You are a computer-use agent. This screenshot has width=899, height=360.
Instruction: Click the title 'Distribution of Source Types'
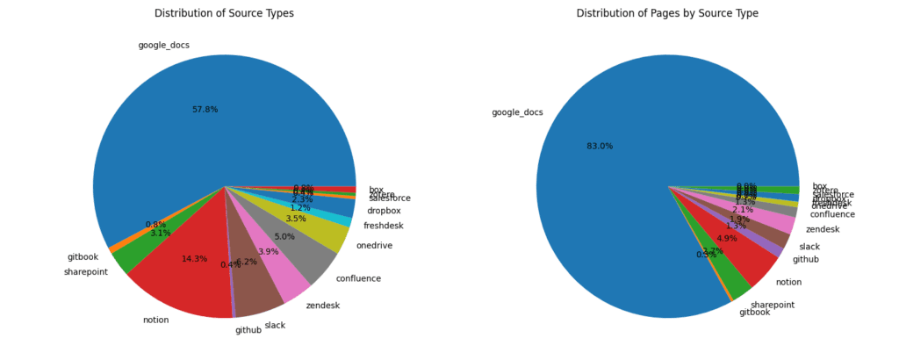[224, 13]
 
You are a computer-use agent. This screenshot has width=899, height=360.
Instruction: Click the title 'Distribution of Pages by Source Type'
[667, 13]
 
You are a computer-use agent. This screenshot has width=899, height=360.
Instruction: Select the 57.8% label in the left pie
[205, 110]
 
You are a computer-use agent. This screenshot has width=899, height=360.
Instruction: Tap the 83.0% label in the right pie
[600, 146]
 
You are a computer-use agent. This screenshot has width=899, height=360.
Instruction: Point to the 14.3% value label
[194, 259]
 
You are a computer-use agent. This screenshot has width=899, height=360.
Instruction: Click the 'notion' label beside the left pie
[155, 320]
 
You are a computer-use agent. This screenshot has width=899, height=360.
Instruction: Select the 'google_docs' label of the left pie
[163, 45]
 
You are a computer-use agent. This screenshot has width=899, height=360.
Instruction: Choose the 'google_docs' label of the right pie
[517, 112]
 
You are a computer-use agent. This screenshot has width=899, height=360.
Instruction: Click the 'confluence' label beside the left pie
[358, 278]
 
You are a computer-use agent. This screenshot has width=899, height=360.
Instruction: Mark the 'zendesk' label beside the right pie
[823, 230]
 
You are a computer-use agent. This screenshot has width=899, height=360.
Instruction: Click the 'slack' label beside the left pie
[275, 326]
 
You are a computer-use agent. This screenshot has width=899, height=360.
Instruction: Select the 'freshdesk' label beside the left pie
[383, 226]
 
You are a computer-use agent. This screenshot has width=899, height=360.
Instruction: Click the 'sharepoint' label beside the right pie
[773, 305]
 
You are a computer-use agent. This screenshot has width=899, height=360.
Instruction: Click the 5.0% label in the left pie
[284, 237]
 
